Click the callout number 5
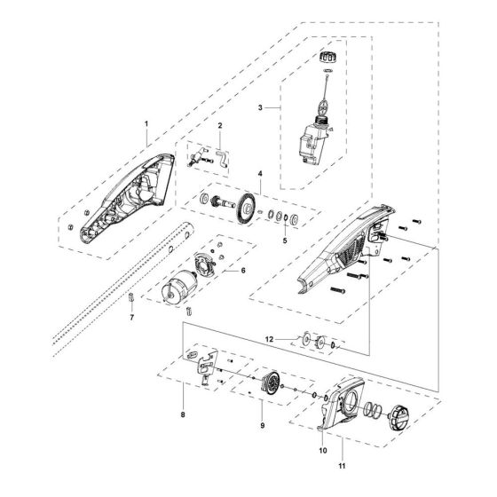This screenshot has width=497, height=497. point(260,240)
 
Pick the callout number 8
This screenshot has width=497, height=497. point(183,414)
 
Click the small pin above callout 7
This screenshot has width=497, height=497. point(130,297)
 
